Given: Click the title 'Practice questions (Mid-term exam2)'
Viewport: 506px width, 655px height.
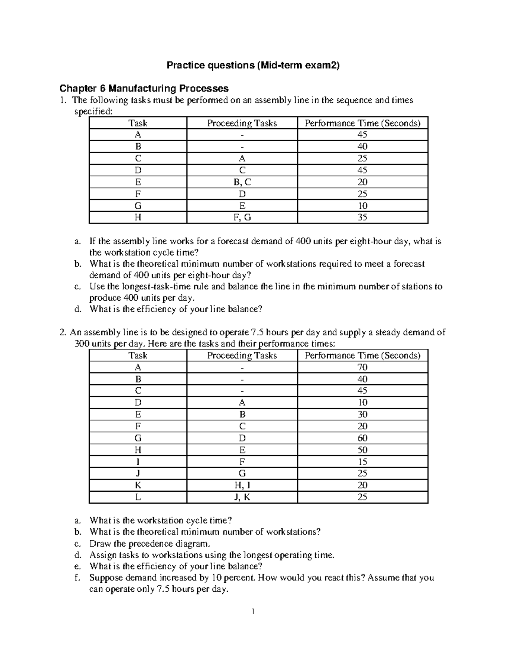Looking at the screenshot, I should [x=253, y=65].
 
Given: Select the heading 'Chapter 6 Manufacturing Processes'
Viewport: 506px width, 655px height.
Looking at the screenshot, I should [x=144, y=89].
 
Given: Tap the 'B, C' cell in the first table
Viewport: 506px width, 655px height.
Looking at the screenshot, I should [x=242, y=182].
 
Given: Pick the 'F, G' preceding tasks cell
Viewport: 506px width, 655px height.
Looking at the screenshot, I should [x=242, y=218].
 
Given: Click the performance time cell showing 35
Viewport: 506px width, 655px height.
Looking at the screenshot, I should [x=362, y=218].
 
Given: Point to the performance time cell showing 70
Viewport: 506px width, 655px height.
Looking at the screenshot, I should [x=362, y=367].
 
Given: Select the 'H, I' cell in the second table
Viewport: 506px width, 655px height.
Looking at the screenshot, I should [x=242, y=485].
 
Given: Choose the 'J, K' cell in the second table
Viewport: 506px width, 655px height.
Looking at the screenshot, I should [x=242, y=497].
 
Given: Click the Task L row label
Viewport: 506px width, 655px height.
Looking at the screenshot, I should [x=138, y=497].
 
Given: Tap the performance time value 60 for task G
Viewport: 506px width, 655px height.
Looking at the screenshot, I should [x=362, y=438].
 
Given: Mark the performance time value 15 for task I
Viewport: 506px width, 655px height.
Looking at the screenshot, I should [x=362, y=462].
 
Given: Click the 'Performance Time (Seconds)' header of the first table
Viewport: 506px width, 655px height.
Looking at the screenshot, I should [x=362, y=123].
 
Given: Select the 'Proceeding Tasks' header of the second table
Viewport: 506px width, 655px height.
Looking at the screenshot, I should [x=242, y=356].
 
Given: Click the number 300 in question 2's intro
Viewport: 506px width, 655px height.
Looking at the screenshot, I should [x=82, y=344].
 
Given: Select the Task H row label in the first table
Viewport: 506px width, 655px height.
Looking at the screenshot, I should [x=138, y=218].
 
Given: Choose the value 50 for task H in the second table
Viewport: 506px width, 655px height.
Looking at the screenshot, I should [x=362, y=450].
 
